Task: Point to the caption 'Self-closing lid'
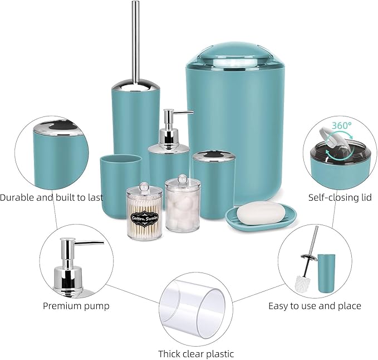[340, 197]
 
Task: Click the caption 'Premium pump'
[76, 305]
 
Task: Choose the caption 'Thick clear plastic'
[196, 353]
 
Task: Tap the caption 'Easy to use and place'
[315, 305]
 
